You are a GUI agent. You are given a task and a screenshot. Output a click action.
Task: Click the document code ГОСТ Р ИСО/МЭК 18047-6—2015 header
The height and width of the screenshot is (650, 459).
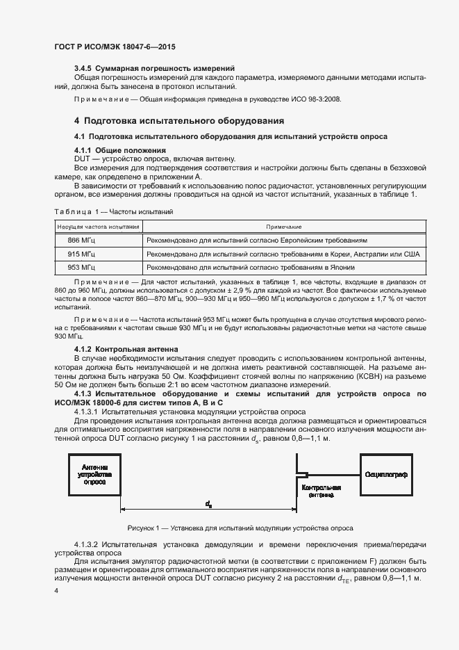(115, 47)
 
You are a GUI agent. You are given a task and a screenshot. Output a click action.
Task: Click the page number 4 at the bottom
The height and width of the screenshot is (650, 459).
(56, 590)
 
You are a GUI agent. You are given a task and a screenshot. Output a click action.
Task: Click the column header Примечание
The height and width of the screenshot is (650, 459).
(283, 227)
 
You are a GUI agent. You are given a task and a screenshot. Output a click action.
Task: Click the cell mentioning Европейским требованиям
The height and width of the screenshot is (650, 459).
(261, 240)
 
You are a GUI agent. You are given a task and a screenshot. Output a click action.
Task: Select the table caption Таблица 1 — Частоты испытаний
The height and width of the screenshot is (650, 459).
(112, 211)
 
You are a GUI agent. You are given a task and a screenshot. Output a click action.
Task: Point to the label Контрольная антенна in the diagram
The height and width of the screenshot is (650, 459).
(321, 491)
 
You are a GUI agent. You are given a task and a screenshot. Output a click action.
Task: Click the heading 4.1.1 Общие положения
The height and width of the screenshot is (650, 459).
(119, 150)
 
